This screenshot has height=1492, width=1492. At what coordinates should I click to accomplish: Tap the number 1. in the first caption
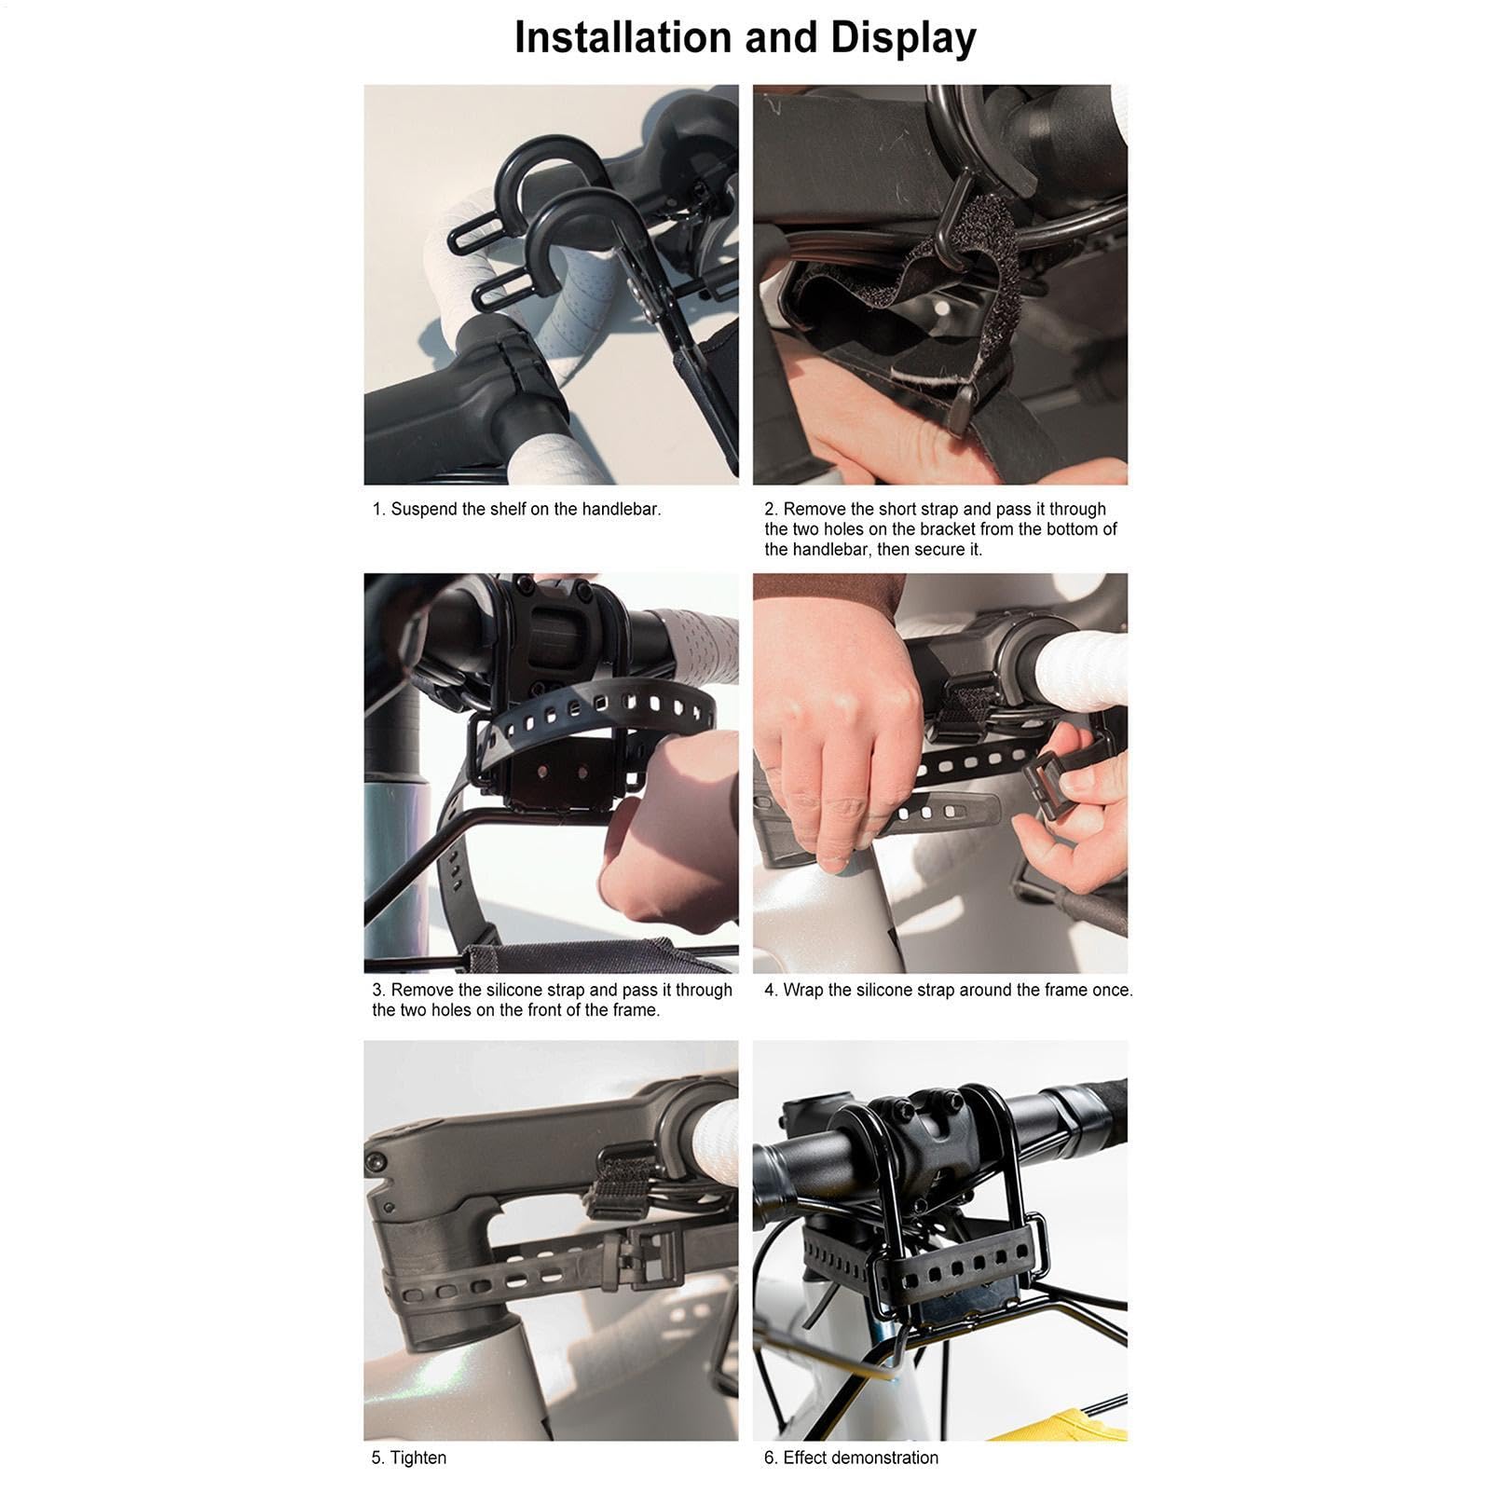[378, 510]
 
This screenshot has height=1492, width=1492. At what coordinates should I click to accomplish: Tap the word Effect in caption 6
[804, 1458]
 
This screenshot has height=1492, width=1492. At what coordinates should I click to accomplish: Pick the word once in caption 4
[1113, 991]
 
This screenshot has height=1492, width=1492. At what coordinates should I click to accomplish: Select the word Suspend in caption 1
[424, 510]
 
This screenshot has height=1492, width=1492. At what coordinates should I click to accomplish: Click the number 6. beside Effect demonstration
[771, 1458]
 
